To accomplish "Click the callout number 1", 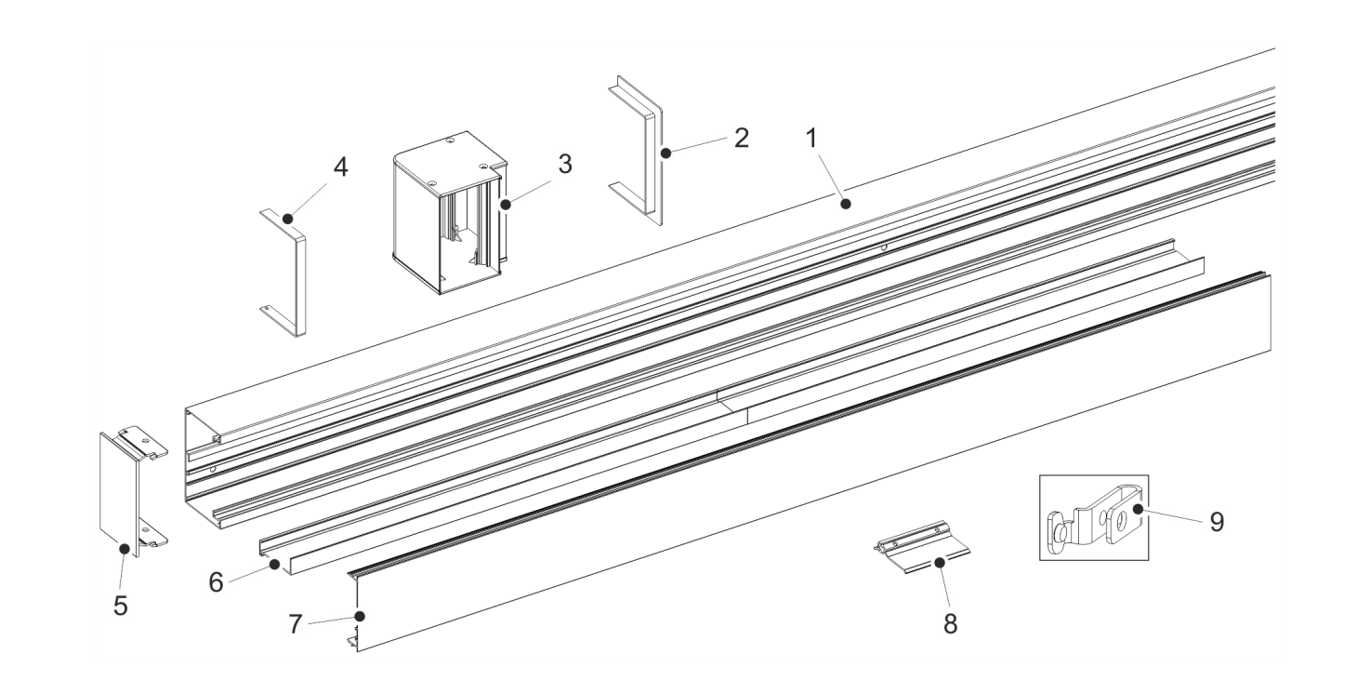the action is (811, 139).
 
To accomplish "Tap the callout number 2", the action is (742, 138).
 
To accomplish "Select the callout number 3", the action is (565, 164).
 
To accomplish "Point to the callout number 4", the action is (341, 167).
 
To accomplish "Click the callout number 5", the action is (121, 606).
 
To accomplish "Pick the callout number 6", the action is (216, 582).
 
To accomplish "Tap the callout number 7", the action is (296, 624).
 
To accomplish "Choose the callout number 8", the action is (950, 624).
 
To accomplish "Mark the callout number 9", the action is (1217, 522).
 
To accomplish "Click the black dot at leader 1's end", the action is (846, 204).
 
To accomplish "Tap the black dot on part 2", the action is (666, 153).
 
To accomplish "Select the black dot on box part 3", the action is (506, 205).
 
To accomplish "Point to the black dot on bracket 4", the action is (287, 218).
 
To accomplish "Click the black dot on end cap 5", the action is (125, 549).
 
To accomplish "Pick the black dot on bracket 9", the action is (1138, 509).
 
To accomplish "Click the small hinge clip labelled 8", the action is (921, 548).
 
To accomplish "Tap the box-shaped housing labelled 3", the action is (450, 213).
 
